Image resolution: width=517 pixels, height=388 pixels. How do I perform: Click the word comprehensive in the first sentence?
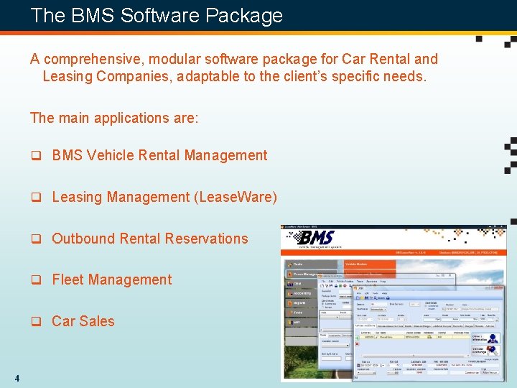(x=101, y=59)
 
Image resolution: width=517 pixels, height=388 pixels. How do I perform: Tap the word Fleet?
(x=69, y=280)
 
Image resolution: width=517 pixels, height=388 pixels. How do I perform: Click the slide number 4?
(x=16, y=379)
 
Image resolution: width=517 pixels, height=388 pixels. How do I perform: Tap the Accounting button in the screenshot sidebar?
(x=302, y=293)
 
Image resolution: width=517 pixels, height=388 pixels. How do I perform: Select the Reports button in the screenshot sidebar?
(x=300, y=303)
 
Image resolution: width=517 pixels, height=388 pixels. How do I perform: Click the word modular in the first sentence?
(x=174, y=59)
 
